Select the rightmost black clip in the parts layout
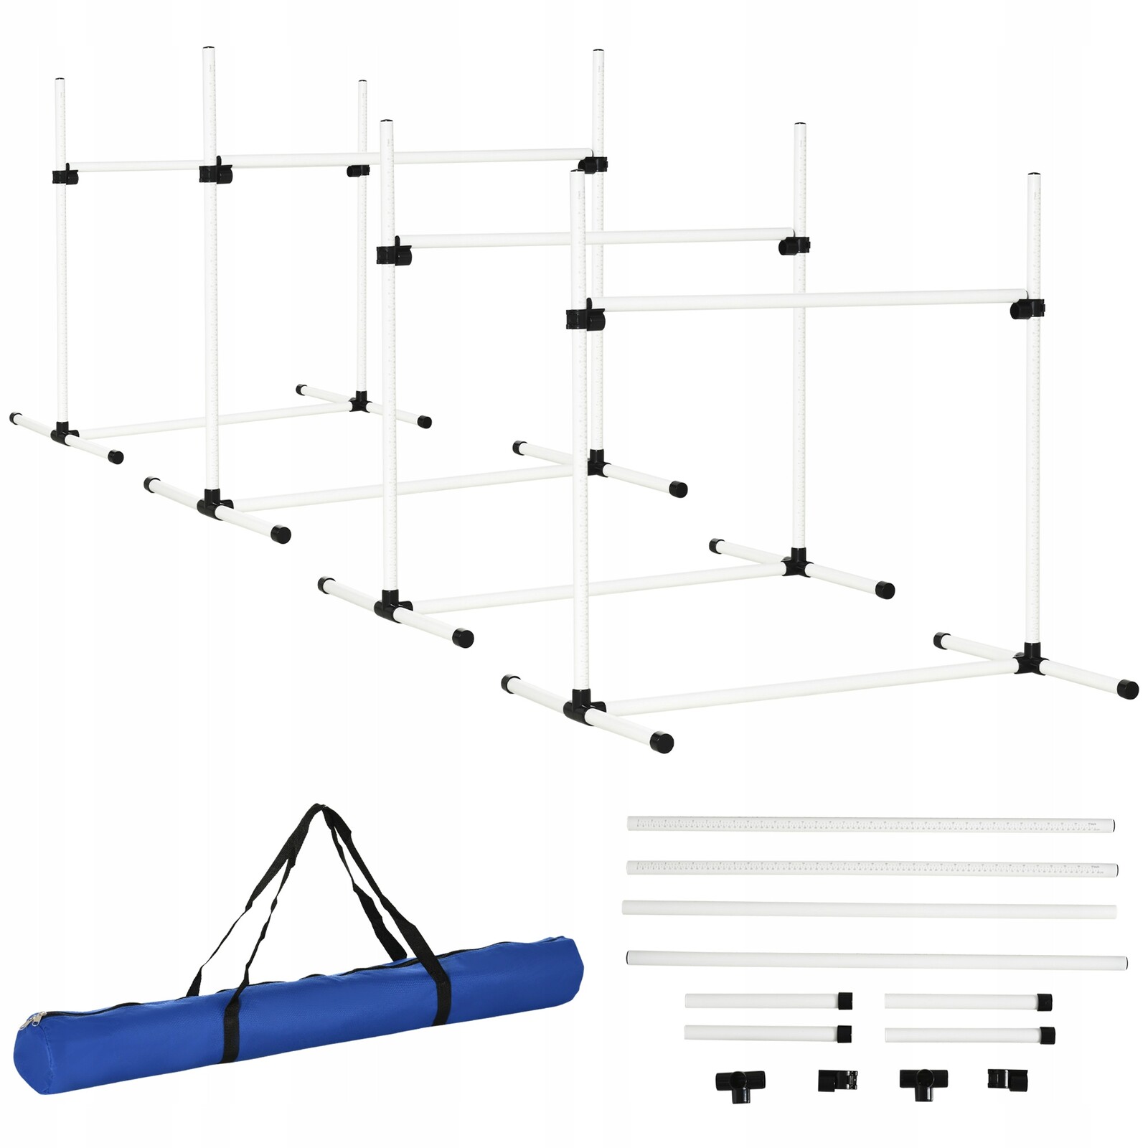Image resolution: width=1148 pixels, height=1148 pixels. click(1007, 1078)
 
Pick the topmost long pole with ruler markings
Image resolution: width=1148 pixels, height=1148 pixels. click(870, 824)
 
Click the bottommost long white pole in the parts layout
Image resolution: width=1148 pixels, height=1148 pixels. click(876, 960)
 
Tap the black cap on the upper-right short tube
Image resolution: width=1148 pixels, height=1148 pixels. click(1044, 1002)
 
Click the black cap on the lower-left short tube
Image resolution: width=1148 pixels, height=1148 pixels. click(844, 1034)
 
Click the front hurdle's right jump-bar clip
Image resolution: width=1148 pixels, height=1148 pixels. click(1027, 309)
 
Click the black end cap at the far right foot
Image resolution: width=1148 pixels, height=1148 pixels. click(1127, 690)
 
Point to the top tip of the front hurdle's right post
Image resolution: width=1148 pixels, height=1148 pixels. click(1033, 176)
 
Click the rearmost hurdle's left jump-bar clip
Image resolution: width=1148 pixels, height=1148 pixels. click(65, 176)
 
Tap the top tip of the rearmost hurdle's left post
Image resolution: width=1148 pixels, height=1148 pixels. click(60, 81)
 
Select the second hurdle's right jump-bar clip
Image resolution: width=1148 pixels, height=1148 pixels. click(794, 245)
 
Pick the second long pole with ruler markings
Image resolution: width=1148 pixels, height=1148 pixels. click(872, 868)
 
